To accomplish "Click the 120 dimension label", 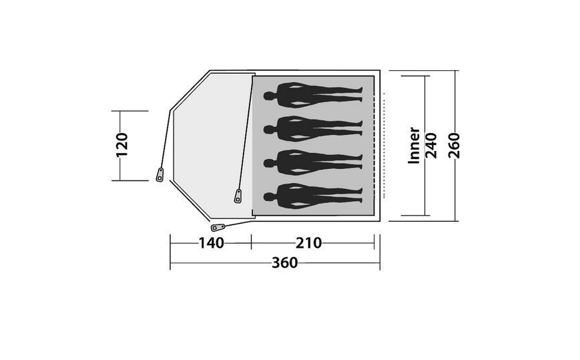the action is coord(121,145).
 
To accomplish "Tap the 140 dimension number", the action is coord(211,243).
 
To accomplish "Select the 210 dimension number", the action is coord(308,243).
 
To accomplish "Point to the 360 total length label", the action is coord(284,262).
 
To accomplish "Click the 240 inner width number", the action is coord(431,146).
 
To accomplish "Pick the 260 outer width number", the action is coord(454,146).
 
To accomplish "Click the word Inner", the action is coord(414,146).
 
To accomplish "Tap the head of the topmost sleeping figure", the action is coord(269,96).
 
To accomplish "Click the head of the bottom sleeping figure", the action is coord(269,197).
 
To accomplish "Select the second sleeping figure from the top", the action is coord(313,130).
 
